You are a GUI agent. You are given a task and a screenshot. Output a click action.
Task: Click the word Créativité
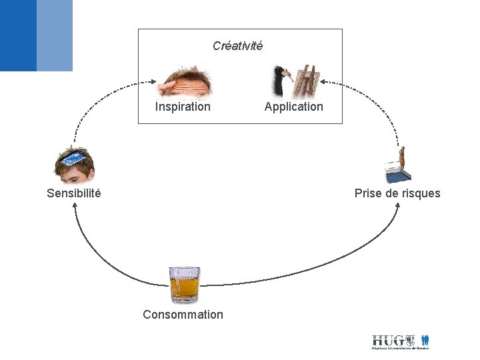coord(237,46)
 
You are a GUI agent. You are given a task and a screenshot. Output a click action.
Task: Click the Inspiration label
coord(183,107)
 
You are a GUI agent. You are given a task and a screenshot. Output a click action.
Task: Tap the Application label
coord(293,107)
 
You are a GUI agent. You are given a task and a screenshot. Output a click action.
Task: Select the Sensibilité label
coord(74,193)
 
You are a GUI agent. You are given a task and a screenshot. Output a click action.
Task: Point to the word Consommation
coord(183,315)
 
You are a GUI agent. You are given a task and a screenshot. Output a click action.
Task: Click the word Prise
coord(367,193)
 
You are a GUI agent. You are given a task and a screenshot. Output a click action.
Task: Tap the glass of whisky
coord(184,283)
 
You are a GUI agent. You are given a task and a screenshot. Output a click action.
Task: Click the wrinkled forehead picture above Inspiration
coord(185,81)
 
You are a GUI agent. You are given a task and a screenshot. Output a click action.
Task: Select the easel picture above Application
coord(307,82)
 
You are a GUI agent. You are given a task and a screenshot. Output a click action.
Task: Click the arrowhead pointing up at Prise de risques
coord(398,205)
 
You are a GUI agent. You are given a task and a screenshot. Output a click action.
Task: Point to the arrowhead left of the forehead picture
coord(153,83)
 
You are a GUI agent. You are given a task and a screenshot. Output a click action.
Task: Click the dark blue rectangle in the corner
coord(18,35)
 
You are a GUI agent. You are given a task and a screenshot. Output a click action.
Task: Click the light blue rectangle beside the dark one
coord(55,35)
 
